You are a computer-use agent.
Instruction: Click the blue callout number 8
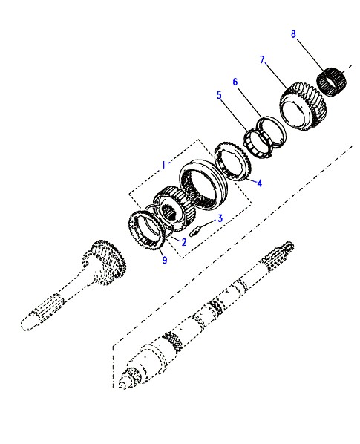pos(293,34)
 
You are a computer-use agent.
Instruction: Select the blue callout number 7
pos(262,59)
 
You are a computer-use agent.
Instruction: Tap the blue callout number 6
pos(235,82)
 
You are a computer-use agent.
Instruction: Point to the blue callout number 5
pos(219,95)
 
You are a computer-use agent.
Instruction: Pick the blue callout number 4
pos(260,183)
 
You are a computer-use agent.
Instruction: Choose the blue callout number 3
pos(220,218)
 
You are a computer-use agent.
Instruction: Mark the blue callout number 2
pos(184,242)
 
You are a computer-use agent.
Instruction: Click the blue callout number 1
pos(163,165)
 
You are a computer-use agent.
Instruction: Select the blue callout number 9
pos(165,260)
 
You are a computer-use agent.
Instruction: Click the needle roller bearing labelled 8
pos(331,82)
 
